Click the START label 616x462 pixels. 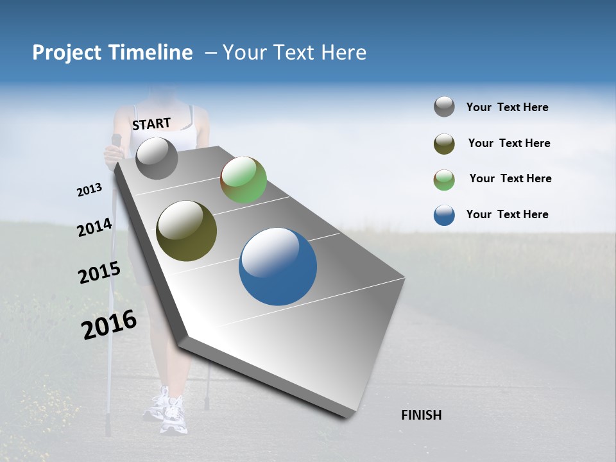click(x=151, y=123)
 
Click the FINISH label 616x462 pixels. click(x=421, y=415)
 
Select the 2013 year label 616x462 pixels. click(x=89, y=190)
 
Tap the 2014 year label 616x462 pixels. click(x=94, y=228)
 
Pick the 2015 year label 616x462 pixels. click(x=99, y=273)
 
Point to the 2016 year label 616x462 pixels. click(x=109, y=325)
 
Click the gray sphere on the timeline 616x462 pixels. click(x=157, y=158)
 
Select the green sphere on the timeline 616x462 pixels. click(x=243, y=180)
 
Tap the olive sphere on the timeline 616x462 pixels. click(x=186, y=231)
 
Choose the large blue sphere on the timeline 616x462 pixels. click(x=278, y=266)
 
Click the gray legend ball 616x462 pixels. click(x=444, y=107)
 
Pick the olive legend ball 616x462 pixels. click(x=444, y=144)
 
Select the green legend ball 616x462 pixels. click(x=444, y=180)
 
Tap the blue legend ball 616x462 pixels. click(x=444, y=215)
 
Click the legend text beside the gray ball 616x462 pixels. click(x=507, y=107)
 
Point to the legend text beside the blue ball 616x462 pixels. click(x=507, y=214)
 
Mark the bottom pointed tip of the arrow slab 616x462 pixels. click(x=347, y=418)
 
